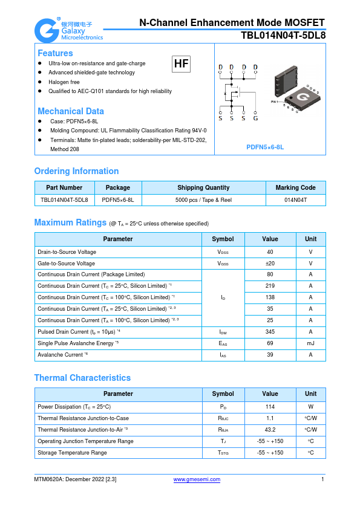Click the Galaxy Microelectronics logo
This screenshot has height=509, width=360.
[68, 29]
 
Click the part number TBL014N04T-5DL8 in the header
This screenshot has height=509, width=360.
[283, 35]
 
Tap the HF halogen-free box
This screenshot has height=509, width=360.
[181, 63]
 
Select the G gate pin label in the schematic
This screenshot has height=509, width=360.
[255, 118]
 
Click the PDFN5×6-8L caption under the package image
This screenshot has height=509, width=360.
[265, 147]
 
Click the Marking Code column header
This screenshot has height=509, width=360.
[296, 187]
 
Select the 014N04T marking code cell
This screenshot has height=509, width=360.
[296, 199]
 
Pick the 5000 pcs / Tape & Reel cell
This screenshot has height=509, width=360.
[203, 199]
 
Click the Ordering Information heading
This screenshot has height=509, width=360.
[76, 171]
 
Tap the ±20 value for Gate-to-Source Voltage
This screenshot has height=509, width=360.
[270, 264]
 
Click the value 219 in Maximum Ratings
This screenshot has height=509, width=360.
[270, 286]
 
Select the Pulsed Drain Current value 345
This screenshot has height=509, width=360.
[270, 332]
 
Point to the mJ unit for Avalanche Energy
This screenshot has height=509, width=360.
[310, 343]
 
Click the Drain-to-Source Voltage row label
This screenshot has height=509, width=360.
[67, 252]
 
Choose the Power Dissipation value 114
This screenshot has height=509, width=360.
[270, 407]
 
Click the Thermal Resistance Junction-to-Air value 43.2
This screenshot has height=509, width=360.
[270, 430]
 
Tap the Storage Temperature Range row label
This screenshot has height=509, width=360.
[72, 453]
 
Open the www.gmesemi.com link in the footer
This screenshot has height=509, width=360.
[197, 479]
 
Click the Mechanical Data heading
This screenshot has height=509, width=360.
[71, 111]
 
